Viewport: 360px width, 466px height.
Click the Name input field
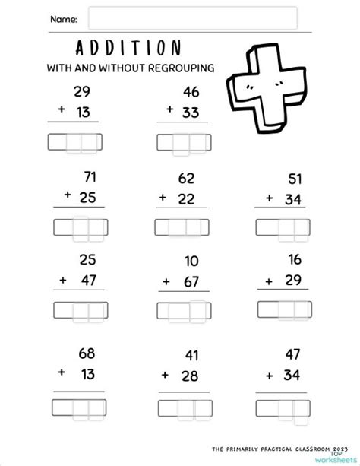(x=192, y=18)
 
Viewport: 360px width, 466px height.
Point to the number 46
(x=191, y=91)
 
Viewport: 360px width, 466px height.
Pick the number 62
(x=187, y=179)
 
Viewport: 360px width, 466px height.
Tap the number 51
(x=295, y=179)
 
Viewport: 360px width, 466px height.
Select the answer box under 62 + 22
(x=182, y=227)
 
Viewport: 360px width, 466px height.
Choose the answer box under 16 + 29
(x=283, y=308)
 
